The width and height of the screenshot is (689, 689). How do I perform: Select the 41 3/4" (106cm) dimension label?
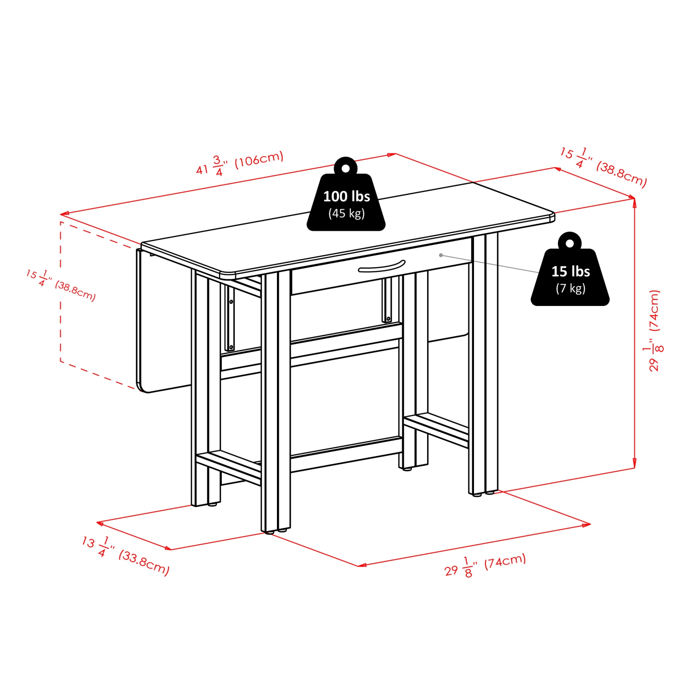pos(240,164)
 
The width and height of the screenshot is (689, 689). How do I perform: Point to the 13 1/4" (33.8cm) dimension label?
pos(125,555)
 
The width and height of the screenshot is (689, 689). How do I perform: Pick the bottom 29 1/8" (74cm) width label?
pos(485,565)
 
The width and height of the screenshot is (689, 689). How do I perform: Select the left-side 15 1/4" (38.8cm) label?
pos(61,285)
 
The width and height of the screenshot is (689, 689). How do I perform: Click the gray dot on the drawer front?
pos(441,255)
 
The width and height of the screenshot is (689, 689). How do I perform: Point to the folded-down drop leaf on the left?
pos(163,322)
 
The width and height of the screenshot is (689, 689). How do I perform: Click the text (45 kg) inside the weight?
pos(346,214)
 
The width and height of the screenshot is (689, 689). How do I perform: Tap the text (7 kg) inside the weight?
pos(570,288)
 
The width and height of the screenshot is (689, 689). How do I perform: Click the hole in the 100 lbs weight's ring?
pos(346,168)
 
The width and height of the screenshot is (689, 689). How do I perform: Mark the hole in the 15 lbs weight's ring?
pos(570,243)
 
